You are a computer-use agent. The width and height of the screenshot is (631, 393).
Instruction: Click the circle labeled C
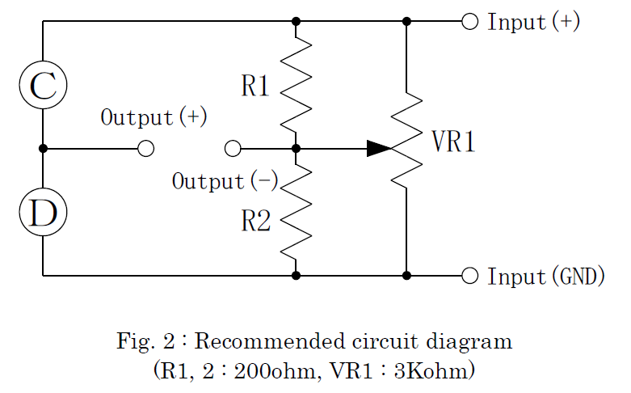(43, 85)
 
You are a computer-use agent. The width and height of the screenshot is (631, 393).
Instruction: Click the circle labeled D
(43, 212)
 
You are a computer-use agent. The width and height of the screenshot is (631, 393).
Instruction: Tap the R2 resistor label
(256, 222)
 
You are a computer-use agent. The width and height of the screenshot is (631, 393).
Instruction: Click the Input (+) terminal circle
(469, 21)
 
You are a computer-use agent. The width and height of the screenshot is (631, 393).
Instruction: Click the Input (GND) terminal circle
(469, 276)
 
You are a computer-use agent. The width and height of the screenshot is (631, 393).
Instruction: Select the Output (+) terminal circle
(145, 149)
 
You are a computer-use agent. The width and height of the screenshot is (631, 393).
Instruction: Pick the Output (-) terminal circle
(233, 149)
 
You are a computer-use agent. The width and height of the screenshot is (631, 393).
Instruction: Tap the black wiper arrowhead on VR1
(378, 149)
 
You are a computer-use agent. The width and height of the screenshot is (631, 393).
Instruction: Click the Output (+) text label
(154, 117)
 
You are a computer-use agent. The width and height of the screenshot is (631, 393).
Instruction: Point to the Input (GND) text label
(546, 277)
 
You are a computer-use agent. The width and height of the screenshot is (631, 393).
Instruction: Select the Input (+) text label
(533, 22)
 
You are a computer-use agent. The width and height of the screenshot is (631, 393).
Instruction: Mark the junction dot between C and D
(43, 149)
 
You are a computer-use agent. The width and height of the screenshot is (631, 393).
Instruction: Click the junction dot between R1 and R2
(296, 149)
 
